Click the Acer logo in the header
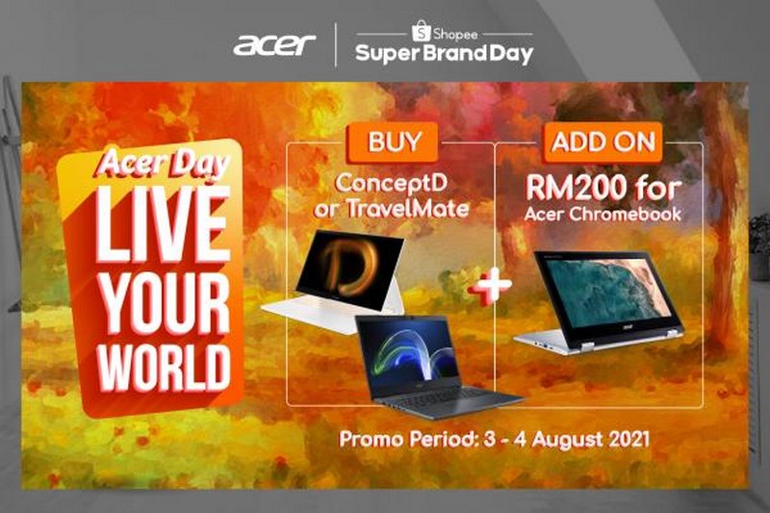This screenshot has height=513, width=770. tap(274, 45)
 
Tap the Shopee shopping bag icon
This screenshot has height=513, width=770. tap(422, 31)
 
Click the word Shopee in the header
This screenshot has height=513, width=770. tap(455, 35)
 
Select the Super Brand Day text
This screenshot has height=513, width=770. tap(444, 54)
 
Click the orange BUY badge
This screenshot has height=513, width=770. tap(393, 141)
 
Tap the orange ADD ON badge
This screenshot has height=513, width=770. tap(603, 141)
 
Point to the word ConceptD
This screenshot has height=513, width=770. tap(392, 184)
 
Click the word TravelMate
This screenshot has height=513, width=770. tap(408, 208)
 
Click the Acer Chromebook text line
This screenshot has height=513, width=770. tap(603, 214)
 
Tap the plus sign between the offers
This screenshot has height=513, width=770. tap(490, 286)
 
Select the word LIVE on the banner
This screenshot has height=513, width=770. tap(164, 224)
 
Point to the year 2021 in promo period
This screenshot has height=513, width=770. tap(629, 438)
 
